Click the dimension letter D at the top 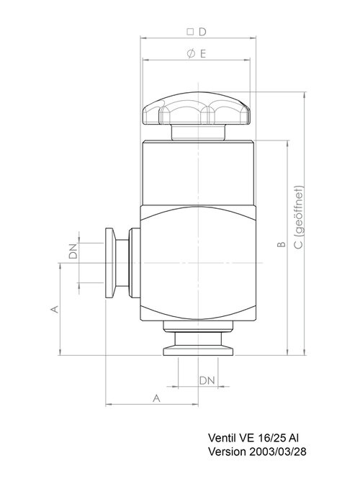click(202, 32)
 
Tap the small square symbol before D click(190, 32)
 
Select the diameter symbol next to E click(191, 54)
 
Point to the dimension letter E click(203, 54)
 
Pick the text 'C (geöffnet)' click(300, 218)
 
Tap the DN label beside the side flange click(73, 251)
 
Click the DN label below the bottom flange click(207, 380)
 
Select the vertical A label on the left click(54, 309)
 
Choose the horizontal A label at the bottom click(156, 398)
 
